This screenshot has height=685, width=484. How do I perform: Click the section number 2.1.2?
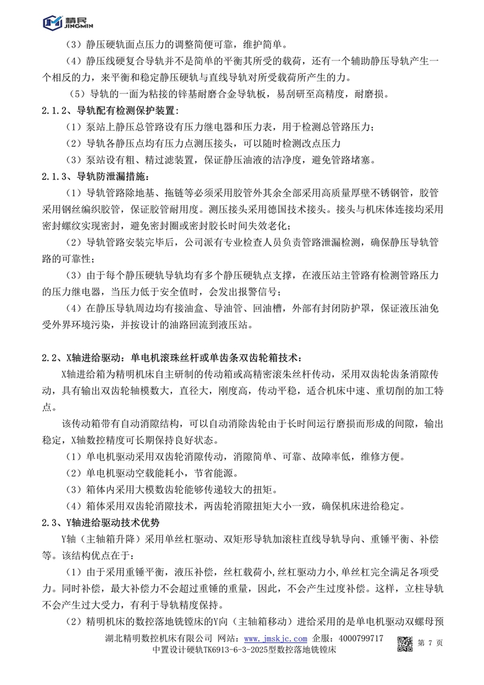tap(56, 111)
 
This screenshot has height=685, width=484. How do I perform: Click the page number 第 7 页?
tap(431, 643)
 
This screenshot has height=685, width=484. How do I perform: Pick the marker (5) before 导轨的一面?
tap(78, 94)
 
